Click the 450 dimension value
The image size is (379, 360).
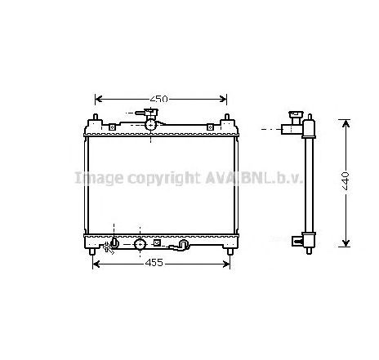pos(159,99)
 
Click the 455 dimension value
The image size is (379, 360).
pos(154,263)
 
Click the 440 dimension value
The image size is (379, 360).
pos(346,181)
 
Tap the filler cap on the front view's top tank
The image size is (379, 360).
pos(151,113)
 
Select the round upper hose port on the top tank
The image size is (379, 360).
pos(151,125)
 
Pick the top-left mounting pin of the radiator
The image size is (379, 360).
pos(96,117)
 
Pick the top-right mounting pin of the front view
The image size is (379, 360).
pos(226,117)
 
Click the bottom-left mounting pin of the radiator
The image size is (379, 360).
pos(92,251)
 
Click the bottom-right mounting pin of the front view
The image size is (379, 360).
pos(230,251)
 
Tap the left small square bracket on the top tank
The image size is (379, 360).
pos(112,127)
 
